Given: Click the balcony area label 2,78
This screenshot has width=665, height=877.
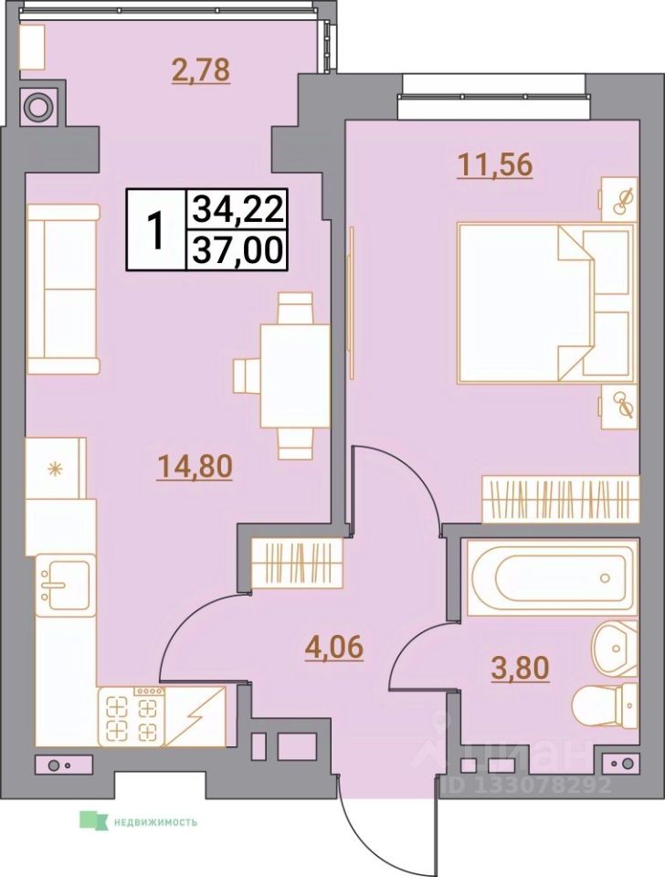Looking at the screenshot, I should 201,69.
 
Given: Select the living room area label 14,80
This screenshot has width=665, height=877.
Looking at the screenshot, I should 195,467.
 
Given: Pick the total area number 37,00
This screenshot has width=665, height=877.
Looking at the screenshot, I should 237,249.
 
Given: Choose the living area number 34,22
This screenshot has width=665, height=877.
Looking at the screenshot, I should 237,212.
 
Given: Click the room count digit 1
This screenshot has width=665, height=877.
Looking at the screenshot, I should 157,230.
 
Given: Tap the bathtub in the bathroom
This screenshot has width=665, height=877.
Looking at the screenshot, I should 551,577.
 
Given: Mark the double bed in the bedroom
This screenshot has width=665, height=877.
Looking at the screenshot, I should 544,299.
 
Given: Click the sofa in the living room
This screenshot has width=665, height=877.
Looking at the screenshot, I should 62,289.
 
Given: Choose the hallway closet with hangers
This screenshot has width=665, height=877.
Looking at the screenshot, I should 296,562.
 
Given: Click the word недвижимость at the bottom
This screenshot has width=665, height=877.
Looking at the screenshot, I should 155,820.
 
